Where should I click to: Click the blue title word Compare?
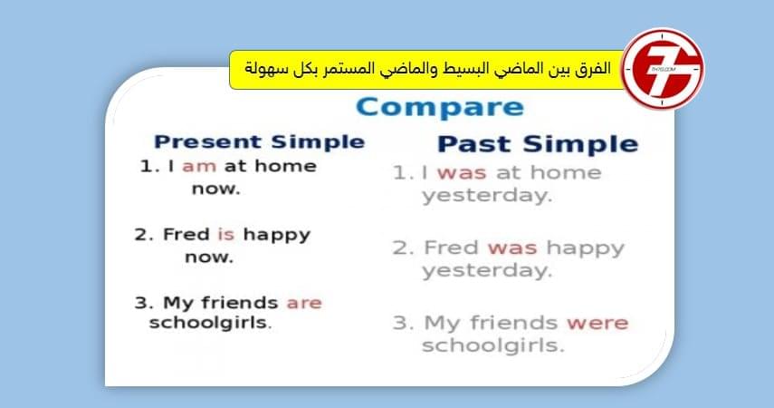click(x=439, y=108)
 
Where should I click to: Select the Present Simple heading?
click(x=259, y=141)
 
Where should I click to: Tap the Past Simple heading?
click(x=538, y=144)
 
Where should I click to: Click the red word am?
click(x=198, y=167)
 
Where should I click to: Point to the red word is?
click(x=225, y=235)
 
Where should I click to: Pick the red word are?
click(x=304, y=303)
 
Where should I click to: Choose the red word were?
click(x=597, y=323)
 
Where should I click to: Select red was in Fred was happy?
click(x=512, y=248)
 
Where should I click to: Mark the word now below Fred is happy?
click(x=209, y=257)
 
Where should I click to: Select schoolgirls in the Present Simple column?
click(x=210, y=324)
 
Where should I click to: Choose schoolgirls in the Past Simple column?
click(x=493, y=345)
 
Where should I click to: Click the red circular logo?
click(x=664, y=70)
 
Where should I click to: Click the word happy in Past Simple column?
click(x=585, y=248)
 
